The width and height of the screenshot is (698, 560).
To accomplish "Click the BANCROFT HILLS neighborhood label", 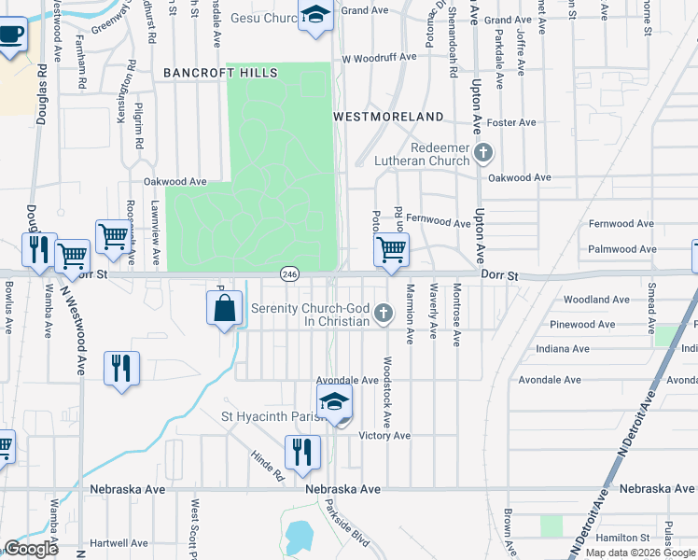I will click(220, 72).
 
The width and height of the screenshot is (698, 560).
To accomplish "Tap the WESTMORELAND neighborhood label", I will click(389, 117).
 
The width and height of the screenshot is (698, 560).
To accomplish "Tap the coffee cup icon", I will click(10, 35).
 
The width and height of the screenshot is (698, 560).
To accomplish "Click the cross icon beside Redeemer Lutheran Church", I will click(483, 152).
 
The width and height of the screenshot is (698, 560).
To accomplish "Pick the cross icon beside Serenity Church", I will click(383, 314).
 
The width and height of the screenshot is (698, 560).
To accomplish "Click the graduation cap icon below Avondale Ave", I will click(335, 402).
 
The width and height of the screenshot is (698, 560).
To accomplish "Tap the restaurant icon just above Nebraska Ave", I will click(302, 453).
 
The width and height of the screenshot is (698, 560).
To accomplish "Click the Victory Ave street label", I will click(384, 436).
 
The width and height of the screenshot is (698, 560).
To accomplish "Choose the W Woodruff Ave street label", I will click(379, 57).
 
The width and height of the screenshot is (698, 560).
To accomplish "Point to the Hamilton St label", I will click(623, 538).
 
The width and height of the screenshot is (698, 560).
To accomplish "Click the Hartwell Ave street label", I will click(119, 543).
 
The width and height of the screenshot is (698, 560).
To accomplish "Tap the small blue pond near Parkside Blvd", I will click(299, 537).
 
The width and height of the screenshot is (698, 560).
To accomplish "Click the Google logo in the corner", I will click(31, 549).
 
